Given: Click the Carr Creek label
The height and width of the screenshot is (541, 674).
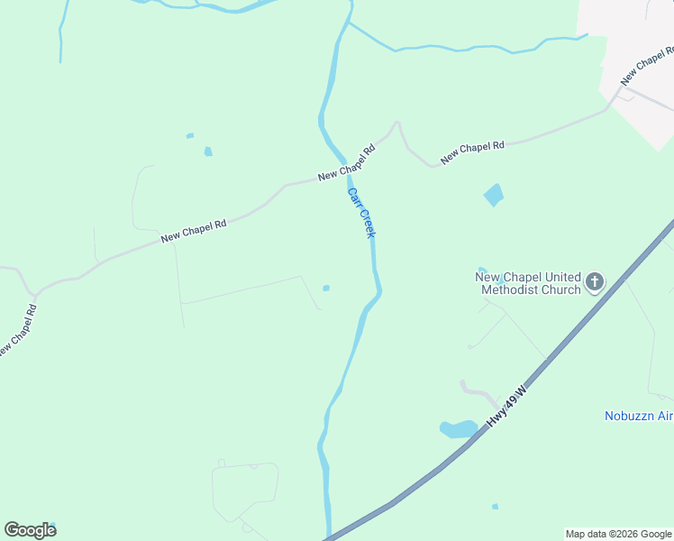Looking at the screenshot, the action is pos(361,213).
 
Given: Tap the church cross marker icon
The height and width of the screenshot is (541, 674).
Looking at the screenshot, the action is pos(594,283).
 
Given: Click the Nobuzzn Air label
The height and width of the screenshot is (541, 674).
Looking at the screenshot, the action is pos(638,416).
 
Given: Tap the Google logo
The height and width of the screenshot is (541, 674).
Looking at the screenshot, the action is pos(30,530).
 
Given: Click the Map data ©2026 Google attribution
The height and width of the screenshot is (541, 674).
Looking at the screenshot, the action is pos(619,534).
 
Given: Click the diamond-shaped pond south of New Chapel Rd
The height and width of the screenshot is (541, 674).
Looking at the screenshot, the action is pos(493,195).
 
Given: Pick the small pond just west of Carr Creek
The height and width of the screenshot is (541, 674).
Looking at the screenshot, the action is pos(326,289).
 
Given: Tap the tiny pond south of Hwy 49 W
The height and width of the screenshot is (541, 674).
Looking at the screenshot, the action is pos(495,507).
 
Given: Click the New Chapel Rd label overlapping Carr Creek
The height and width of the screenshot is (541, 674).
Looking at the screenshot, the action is pos(345,162).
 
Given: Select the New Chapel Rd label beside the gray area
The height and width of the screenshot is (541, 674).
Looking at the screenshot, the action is pos(645,62).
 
